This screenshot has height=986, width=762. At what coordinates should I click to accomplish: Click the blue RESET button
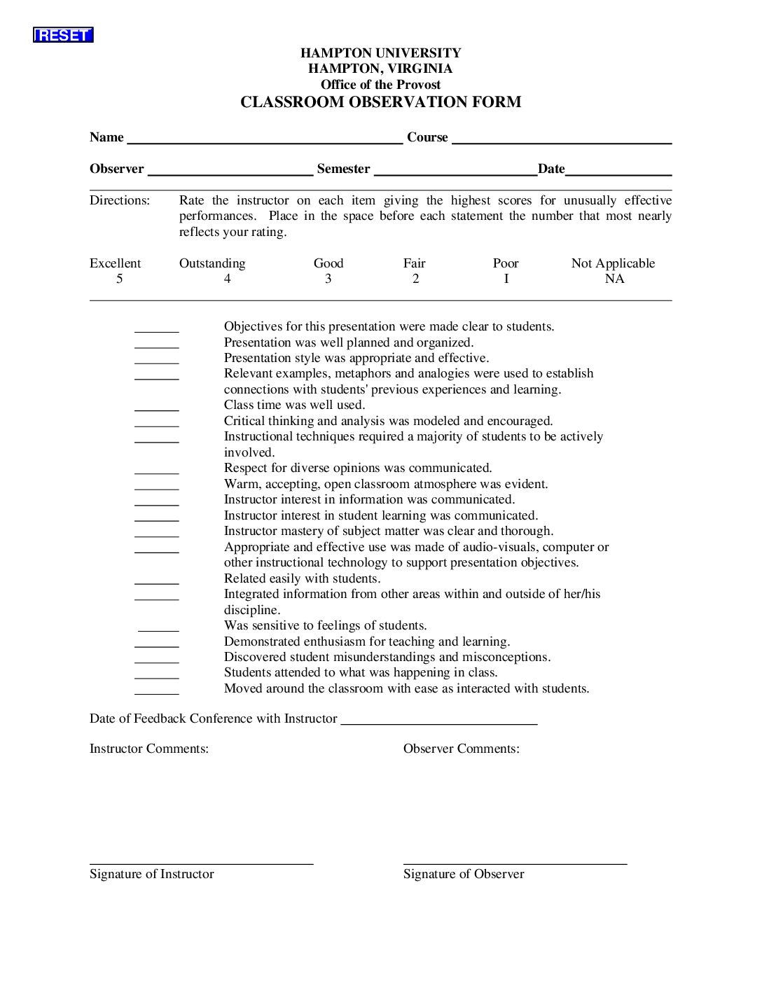(x=63, y=35)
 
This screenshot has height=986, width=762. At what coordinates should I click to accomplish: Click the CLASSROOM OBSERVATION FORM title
(x=380, y=102)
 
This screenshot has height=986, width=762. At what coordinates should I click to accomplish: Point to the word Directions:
(x=120, y=200)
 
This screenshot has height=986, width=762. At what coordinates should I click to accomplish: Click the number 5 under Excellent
(x=119, y=279)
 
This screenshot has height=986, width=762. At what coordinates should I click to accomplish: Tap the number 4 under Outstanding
(x=227, y=279)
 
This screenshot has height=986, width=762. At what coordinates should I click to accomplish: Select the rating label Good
(x=328, y=263)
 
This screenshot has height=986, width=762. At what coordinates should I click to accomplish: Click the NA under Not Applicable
(x=614, y=279)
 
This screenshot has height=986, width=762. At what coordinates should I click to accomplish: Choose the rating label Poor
(x=506, y=263)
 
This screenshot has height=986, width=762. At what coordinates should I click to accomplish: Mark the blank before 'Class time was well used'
(x=156, y=406)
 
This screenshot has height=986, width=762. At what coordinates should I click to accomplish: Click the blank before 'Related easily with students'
(x=156, y=580)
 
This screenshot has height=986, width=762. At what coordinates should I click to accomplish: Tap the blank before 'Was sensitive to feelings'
(x=158, y=627)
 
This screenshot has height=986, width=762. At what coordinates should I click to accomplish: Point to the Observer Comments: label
(x=462, y=749)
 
